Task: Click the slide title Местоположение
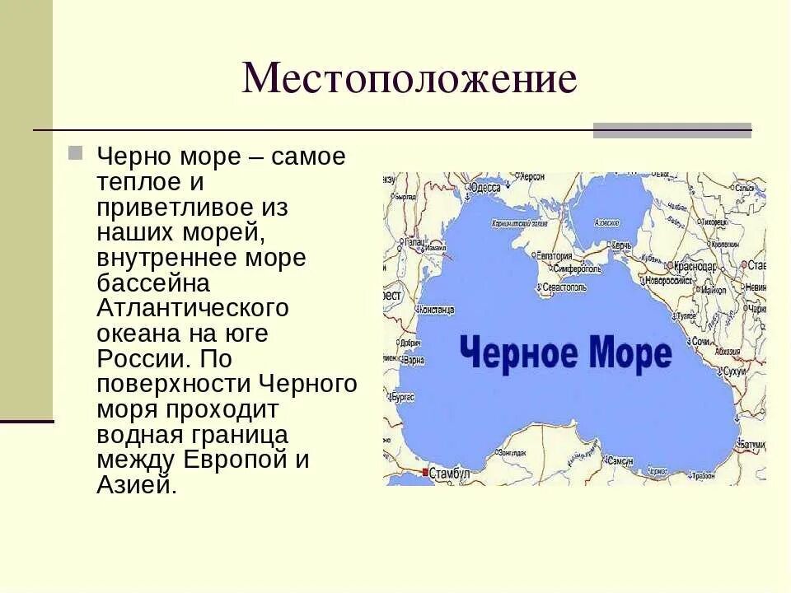pos(410,80)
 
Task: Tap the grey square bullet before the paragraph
pos(76,153)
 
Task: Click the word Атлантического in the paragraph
pos(193,308)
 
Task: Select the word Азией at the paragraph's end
pos(136,484)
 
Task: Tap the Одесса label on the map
pos(485,188)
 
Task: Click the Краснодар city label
pos(693,267)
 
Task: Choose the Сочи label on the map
pos(700,340)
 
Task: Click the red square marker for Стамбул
pos(425,472)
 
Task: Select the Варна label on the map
pos(414,360)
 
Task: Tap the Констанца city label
pos(437,310)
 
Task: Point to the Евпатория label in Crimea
pos(555,255)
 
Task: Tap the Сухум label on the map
pos(734,371)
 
